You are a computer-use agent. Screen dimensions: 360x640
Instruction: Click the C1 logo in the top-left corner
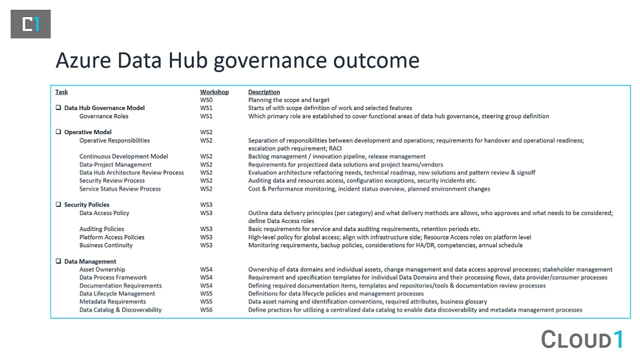pos(30,24)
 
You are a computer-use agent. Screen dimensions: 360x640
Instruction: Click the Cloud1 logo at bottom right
pos(582,339)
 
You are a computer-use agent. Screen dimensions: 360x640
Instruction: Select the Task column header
pos(61,92)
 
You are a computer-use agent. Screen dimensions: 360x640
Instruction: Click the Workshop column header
pos(214,92)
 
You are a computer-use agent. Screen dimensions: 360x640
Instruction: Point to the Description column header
pos(264,92)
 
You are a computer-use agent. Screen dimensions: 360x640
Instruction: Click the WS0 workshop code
pos(206,100)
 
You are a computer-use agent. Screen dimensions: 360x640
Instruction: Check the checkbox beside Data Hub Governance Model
pos(58,108)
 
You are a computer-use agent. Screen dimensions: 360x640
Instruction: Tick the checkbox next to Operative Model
pos(58,132)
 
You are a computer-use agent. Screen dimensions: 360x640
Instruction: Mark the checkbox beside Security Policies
pos(58,204)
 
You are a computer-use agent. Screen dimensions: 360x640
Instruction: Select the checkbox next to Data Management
pos(58,261)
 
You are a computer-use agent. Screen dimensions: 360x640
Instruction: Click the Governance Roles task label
pos(103,116)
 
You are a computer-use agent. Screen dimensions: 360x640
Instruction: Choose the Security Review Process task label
pos(112,180)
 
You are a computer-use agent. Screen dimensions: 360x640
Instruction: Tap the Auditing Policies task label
pos(101,229)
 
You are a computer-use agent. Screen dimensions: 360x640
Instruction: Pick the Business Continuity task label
pos(106,245)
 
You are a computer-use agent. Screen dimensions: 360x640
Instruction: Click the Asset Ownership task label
pos(102,269)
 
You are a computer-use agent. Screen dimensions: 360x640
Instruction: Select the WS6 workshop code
pos(206,310)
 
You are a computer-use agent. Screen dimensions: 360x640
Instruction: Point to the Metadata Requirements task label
pos(112,301)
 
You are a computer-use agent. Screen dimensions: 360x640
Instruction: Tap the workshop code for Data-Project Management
pos(206,164)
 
